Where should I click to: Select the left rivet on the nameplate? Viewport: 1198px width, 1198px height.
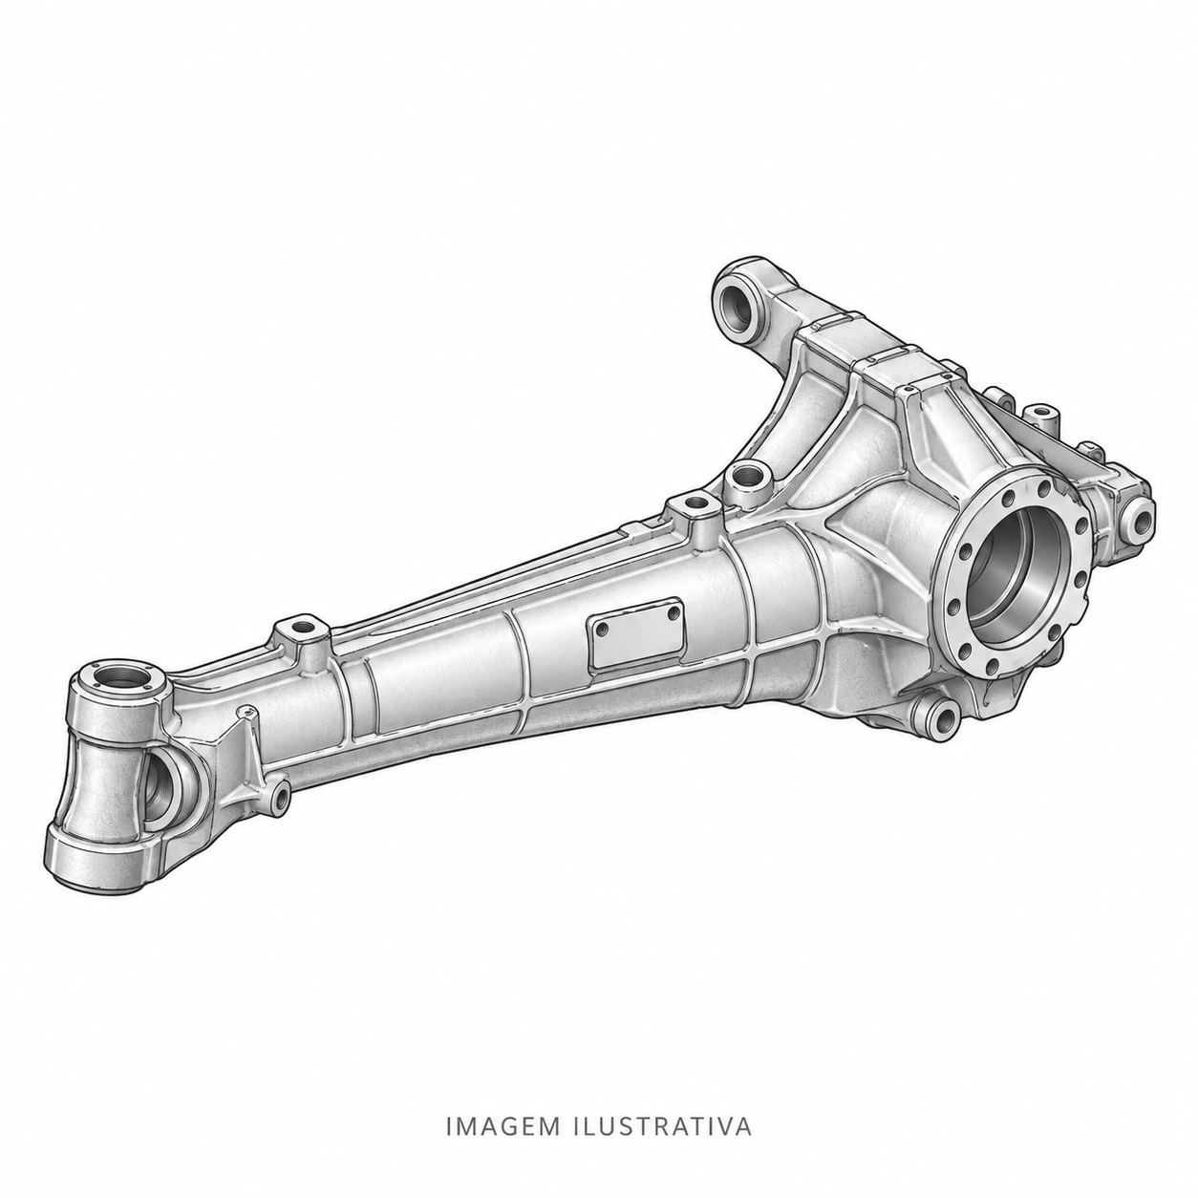coord(601,630)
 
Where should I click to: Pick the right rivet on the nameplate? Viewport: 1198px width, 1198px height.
coord(671,612)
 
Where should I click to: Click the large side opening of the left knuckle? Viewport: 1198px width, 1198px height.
coord(162,786)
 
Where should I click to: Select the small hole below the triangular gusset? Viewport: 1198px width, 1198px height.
coord(281,798)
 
